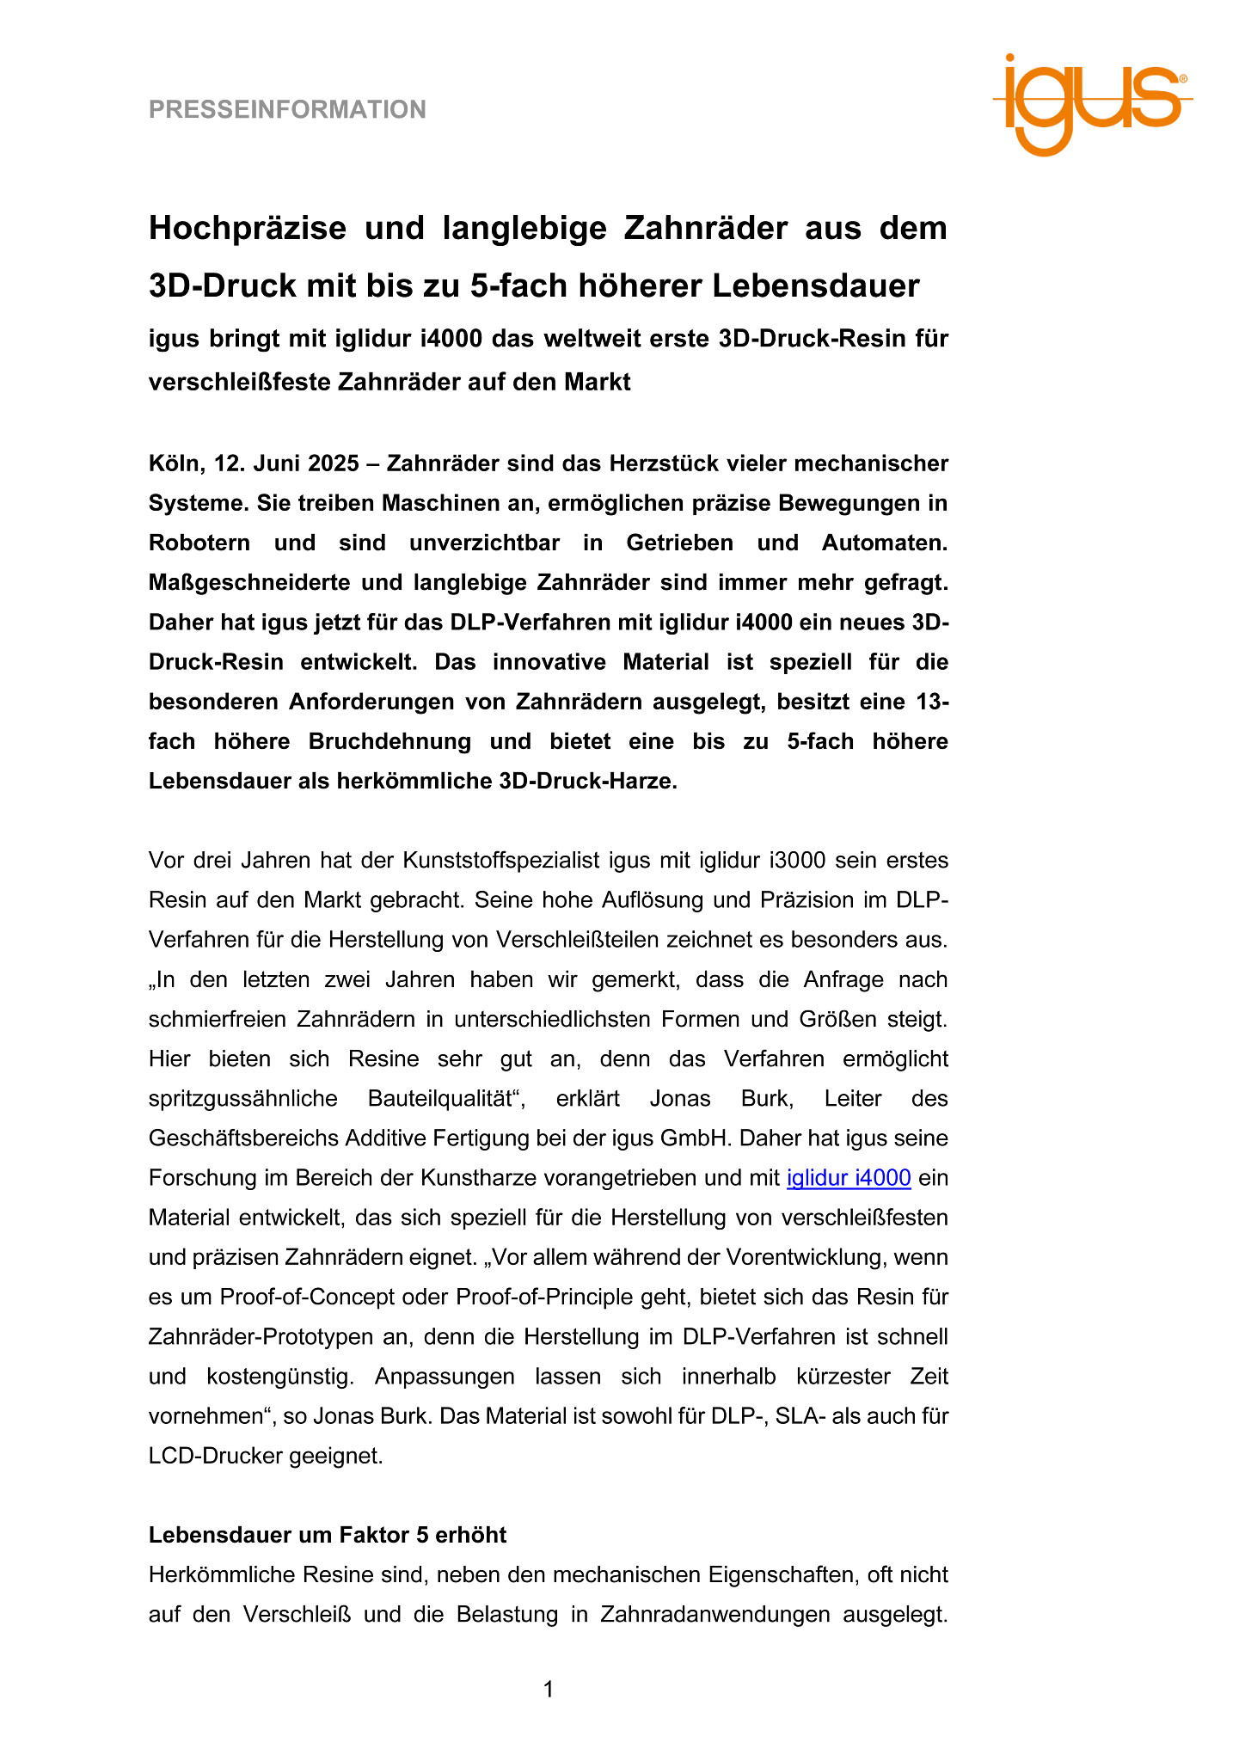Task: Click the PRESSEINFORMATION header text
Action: pyautogui.click(x=287, y=110)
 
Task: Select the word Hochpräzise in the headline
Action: pyautogui.click(x=248, y=229)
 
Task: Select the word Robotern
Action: pyautogui.click(x=199, y=543)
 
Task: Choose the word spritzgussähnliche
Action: pyautogui.click(x=236, y=1099)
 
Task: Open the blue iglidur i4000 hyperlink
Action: pyautogui.click(x=849, y=1178)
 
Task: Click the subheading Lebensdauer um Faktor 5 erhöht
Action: pyautogui.click(x=328, y=1535)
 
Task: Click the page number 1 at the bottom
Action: pyautogui.click(x=549, y=1690)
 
